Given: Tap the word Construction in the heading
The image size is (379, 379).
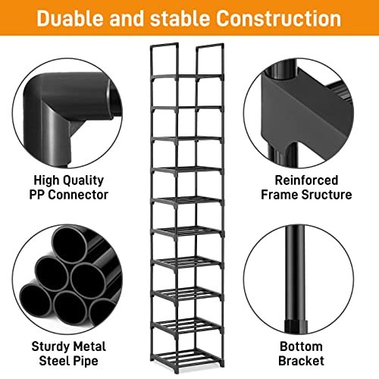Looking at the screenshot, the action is tap(278, 19).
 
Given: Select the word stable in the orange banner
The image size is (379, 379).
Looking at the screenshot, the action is tap(180, 19).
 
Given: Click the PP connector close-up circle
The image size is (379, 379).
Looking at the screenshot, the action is tap(67, 113).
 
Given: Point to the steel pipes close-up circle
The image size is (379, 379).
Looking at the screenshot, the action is tap(67, 280).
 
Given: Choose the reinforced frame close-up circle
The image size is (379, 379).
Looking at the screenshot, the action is tap(299, 113).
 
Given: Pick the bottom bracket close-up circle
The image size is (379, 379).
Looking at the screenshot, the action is tap(299, 280).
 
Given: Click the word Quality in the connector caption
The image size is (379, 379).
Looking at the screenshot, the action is tap(83, 181).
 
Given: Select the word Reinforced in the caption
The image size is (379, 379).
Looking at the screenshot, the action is tap(306, 180).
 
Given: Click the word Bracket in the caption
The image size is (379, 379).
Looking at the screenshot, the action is tap(301, 361).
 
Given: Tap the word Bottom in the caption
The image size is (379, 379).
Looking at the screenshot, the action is tap(301, 346).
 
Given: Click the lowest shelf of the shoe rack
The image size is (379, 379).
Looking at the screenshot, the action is tap(187, 356).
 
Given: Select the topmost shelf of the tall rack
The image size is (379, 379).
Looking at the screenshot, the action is tap(187, 77).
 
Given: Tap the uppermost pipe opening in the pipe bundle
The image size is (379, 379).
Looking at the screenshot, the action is tap(70, 243).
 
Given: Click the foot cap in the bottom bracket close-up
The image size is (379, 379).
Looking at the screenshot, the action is tap(296, 326).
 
